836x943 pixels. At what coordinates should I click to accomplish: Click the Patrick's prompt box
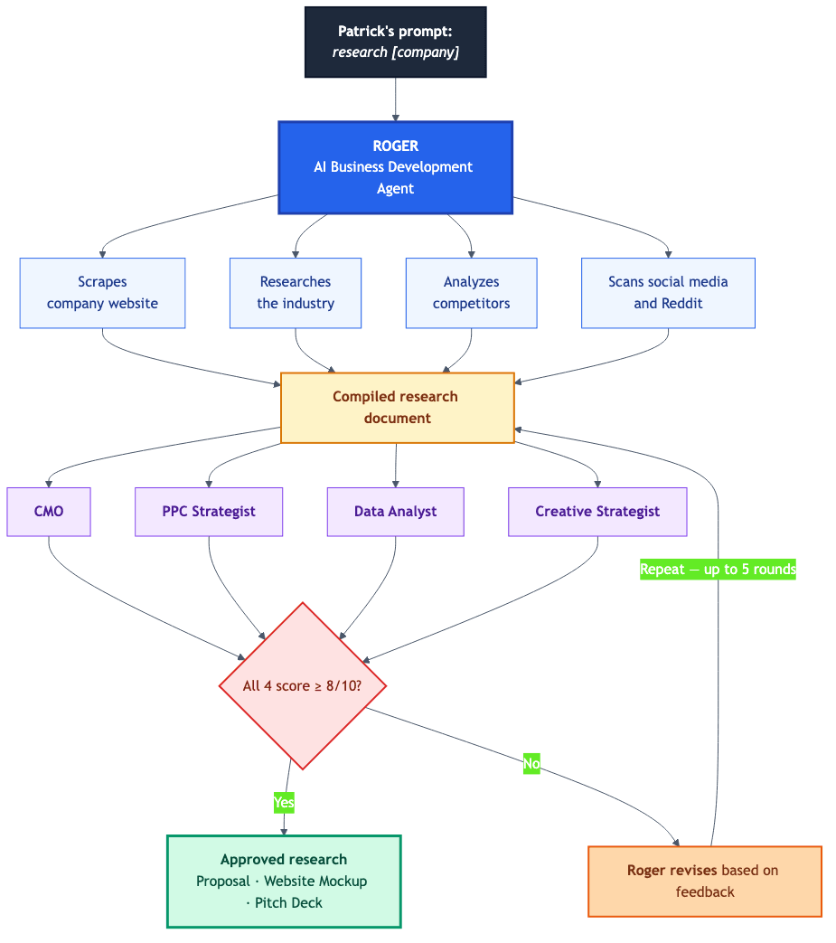[x=396, y=42]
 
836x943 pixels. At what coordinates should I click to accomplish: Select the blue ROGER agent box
[x=396, y=167]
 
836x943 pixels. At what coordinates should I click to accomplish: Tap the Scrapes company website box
[x=102, y=293]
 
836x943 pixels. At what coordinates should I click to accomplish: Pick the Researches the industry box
[x=296, y=293]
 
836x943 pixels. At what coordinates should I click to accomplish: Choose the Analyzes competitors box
[x=471, y=293]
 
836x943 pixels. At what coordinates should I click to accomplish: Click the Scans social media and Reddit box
[x=668, y=293]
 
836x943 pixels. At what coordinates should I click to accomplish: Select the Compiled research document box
[x=397, y=408]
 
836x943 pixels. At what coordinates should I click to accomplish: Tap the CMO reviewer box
[x=49, y=512]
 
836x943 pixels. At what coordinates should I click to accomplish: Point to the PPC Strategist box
[x=209, y=512]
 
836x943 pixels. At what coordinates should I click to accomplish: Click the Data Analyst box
[x=395, y=512]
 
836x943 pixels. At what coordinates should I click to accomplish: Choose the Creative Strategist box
[x=597, y=512]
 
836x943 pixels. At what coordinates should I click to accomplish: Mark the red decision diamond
[x=303, y=686]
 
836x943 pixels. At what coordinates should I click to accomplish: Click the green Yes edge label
[x=284, y=802]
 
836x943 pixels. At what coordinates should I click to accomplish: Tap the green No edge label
[x=531, y=764]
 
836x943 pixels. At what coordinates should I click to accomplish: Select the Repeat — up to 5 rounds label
[x=718, y=570]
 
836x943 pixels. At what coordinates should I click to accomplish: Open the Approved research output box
[x=284, y=881]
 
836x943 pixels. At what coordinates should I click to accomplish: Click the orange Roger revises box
[x=704, y=882]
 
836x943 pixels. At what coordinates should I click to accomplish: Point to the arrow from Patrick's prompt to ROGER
[x=396, y=99]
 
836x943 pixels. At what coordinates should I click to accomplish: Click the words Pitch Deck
[x=288, y=903]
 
